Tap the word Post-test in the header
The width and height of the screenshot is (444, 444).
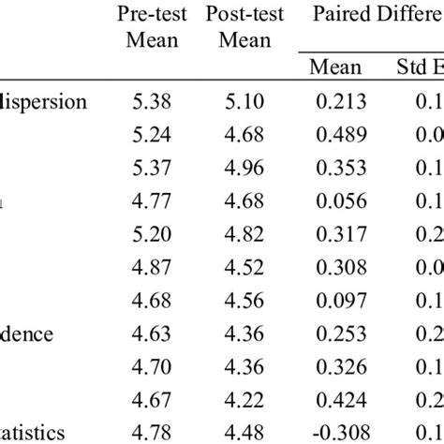point(247,15)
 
